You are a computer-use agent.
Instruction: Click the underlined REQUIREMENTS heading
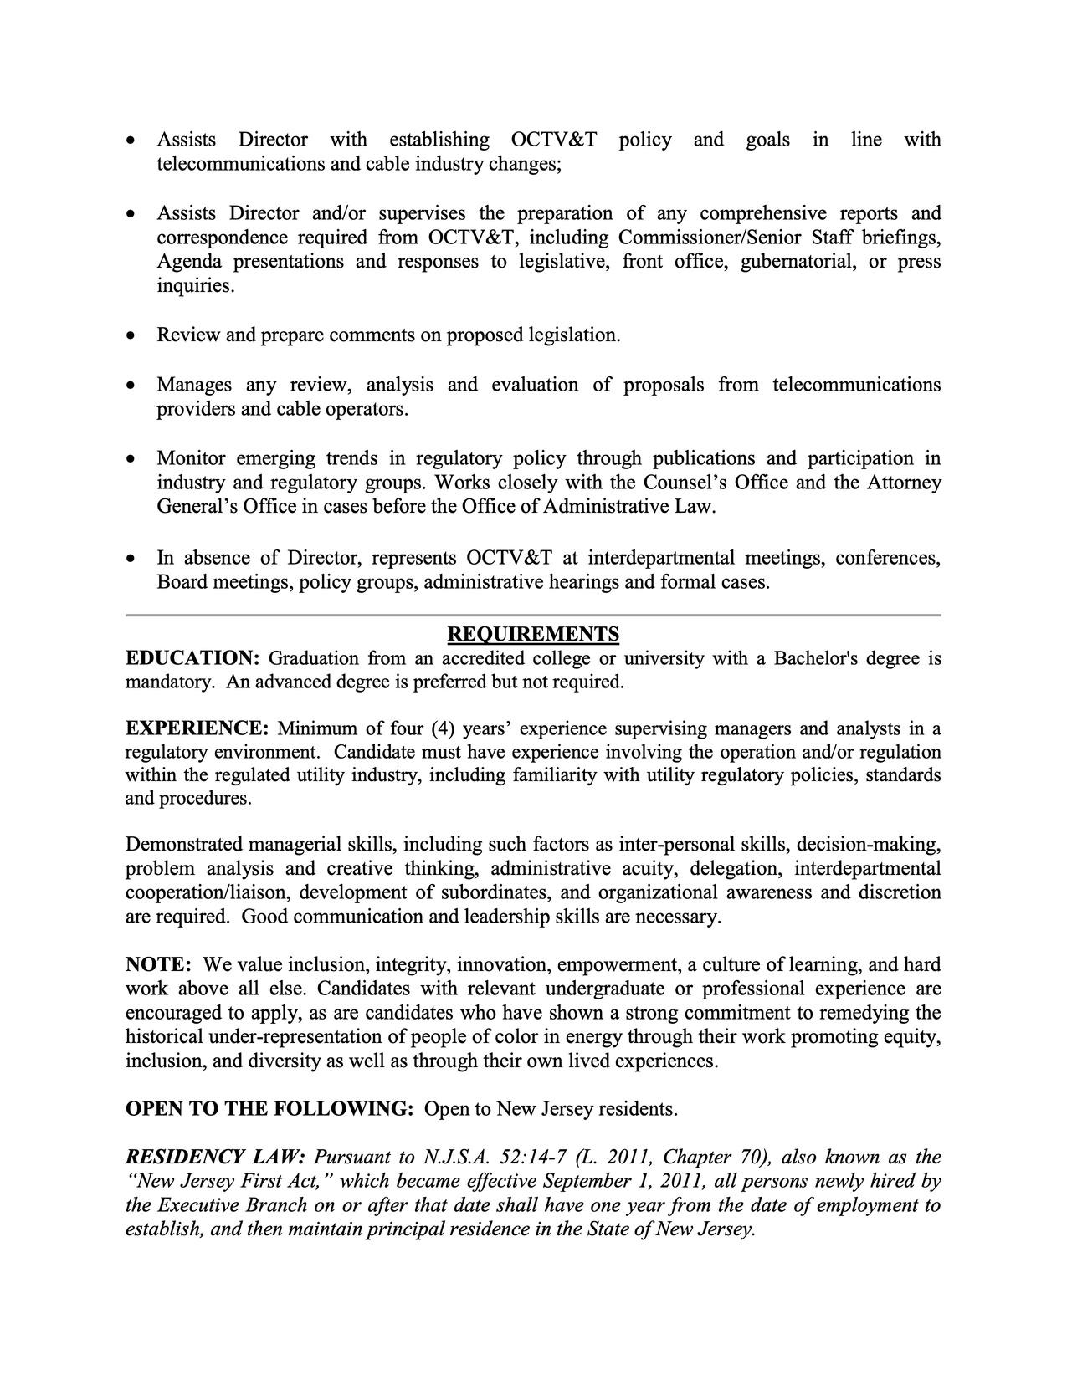(533, 634)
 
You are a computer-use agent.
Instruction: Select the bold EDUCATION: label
(192, 658)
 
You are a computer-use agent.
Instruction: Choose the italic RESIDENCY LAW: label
(216, 1158)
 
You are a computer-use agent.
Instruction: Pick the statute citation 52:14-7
(533, 1158)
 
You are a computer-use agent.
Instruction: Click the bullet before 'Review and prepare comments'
(130, 336)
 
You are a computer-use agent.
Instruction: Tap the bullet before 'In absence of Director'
(130, 559)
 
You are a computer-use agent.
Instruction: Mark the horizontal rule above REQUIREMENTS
(533, 616)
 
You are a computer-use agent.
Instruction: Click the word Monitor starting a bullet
(191, 458)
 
